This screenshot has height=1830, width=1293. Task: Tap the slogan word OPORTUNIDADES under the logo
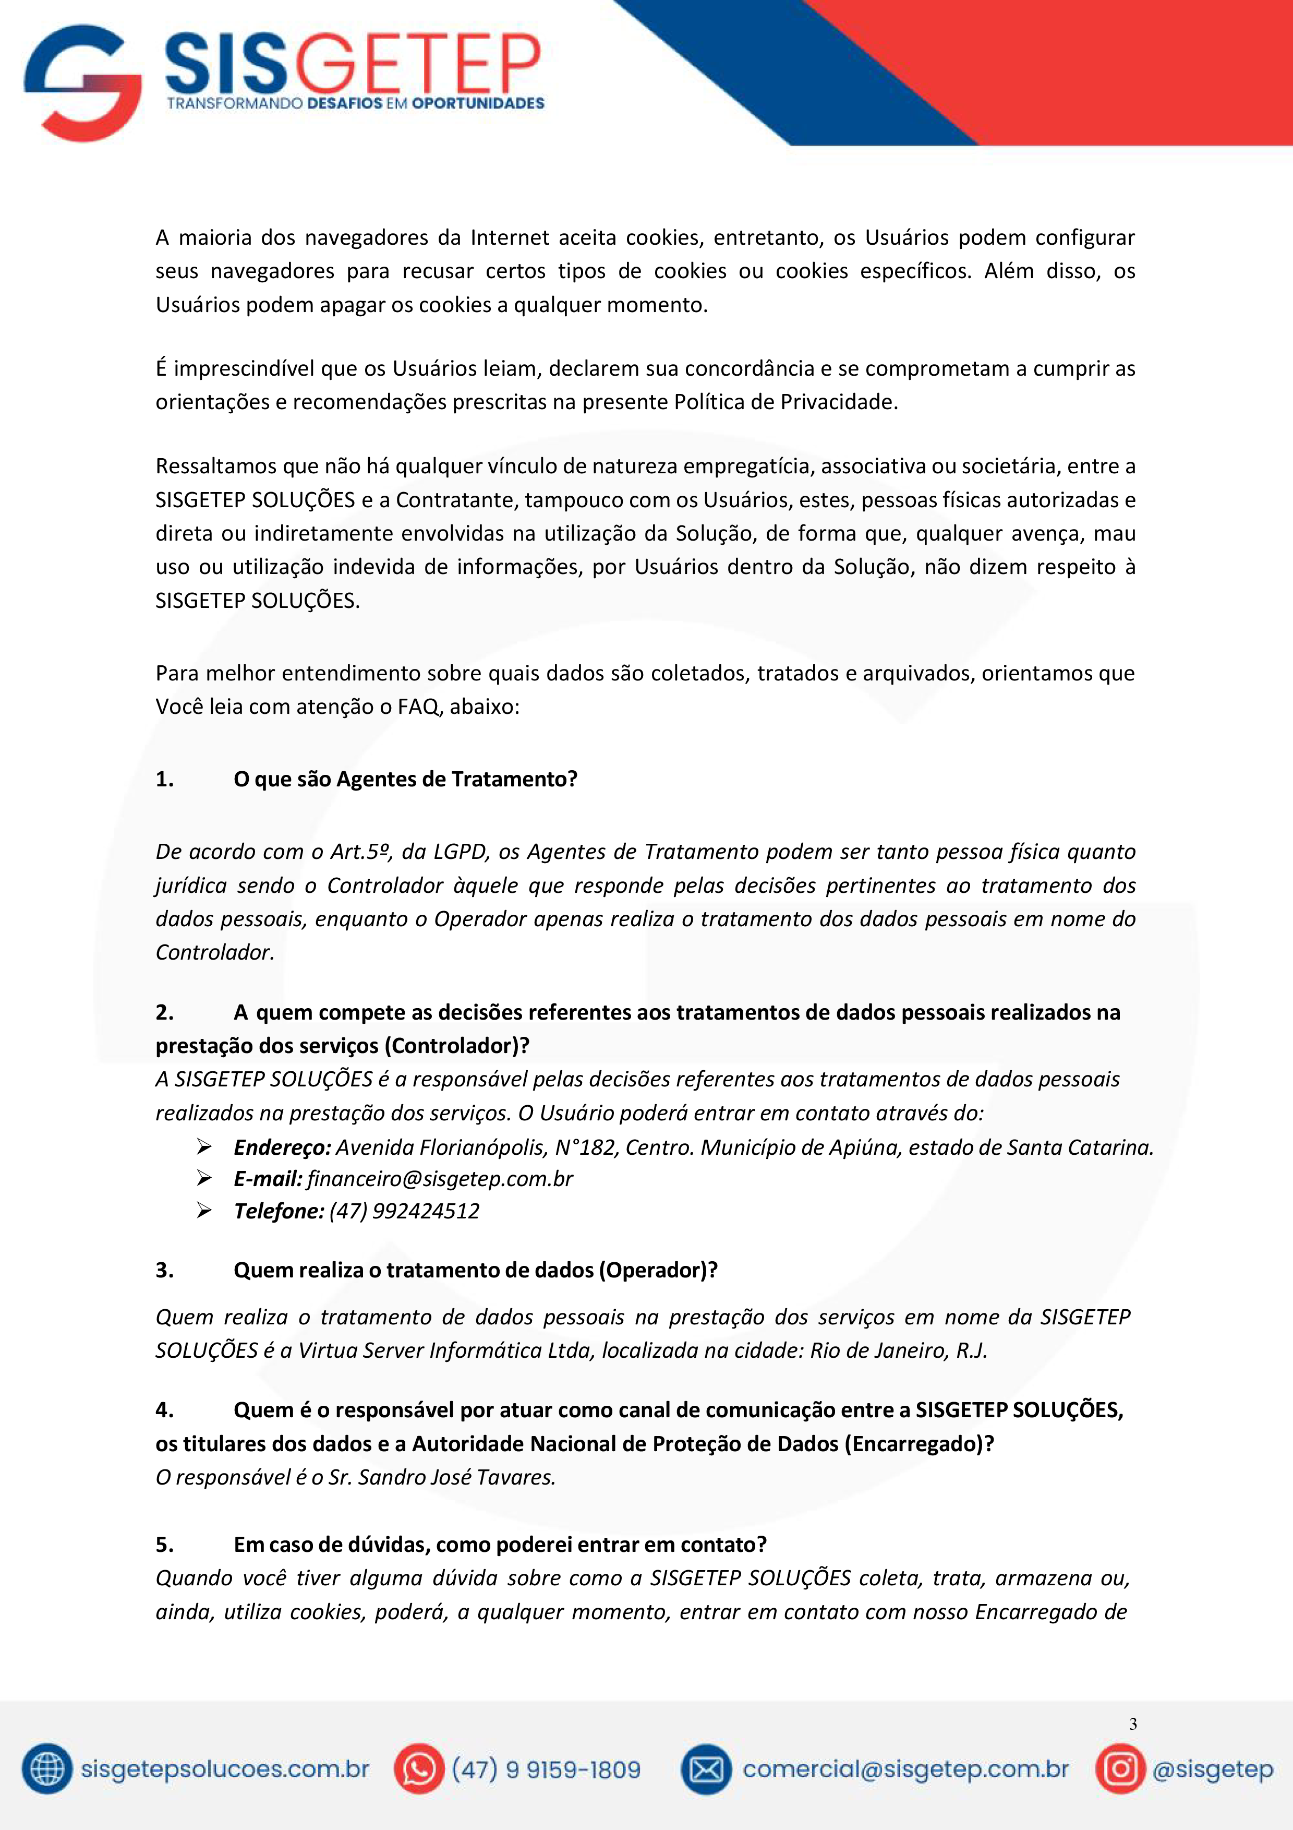pyautogui.click(x=478, y=104)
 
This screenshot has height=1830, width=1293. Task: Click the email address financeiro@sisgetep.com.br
pyautogui.click(x=440, y=1179)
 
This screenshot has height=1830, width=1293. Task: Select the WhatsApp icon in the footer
pyautogui.click(x=419, y=1769)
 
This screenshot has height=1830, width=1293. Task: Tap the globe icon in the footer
pyautogui.click(x=47, y=1769)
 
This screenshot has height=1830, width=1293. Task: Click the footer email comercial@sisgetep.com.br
pyautogui.click(x=905, y=1769)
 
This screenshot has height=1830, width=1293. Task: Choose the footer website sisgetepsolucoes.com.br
pyautogui.click(x=225, y=1769)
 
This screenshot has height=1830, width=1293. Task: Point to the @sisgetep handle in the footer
pyautogui.click(x=1213, y=1769)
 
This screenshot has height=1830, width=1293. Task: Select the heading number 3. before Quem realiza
pyautogui.click(x=165, y=1270)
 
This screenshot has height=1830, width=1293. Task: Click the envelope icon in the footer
pyautogui.click(x=706, y=1769)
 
